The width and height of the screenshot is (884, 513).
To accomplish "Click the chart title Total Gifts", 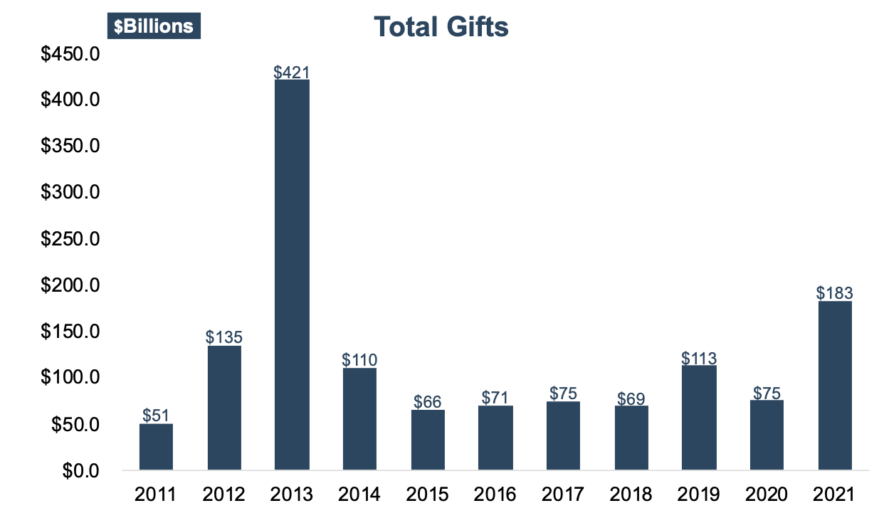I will (x=441, y=27).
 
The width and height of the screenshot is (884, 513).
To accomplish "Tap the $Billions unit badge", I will (x=154, y=26).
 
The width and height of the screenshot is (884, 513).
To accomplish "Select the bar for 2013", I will (x=292, y=275).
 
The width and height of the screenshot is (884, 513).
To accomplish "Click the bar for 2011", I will (x=156, y=447).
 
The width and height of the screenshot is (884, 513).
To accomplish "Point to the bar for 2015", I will (x=428, y=440).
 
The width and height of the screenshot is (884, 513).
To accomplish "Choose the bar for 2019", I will (x=699, y=418).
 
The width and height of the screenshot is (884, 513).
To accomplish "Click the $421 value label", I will (x=292, y=72).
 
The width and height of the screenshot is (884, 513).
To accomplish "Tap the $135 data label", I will (x=224, y=337).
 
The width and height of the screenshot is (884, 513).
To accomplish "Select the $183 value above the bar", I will (x=835, y=292).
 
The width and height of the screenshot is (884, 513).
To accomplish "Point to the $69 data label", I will (x=631, y=398).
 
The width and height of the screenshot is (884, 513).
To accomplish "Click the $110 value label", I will (x=359, y=359).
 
